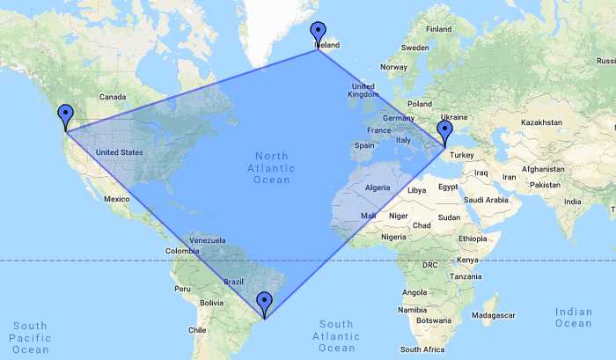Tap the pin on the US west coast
point(65,115)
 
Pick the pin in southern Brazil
point(264,303)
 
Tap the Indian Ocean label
point(574,317)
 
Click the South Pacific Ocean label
point(30,337)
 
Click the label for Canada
point(114,96)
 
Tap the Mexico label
point(116,200)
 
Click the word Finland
point(438,29)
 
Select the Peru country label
point(182,288)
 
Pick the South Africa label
point(422,349)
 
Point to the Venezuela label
point(209,240)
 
